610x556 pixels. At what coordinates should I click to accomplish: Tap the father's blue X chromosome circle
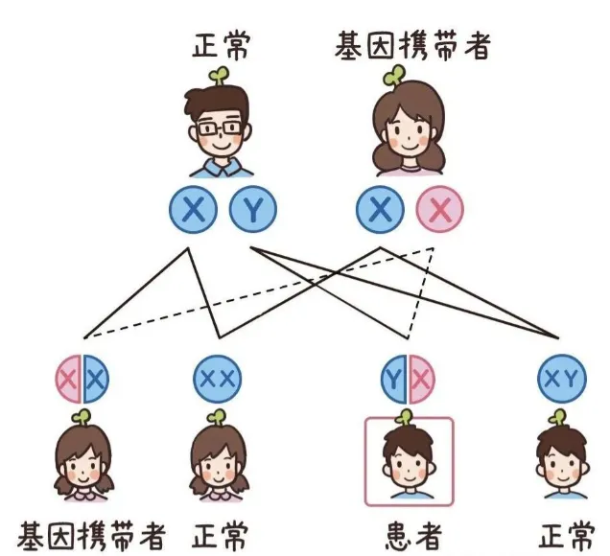point(194,210)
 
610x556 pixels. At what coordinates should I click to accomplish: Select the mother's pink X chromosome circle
point(439,210)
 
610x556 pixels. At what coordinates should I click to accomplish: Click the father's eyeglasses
point(222,127)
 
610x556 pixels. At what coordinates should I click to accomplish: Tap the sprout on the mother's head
point(394,75)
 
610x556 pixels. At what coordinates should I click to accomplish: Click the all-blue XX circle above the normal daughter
point(215,380)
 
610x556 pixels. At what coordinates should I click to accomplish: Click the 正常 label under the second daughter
point(220,534)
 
